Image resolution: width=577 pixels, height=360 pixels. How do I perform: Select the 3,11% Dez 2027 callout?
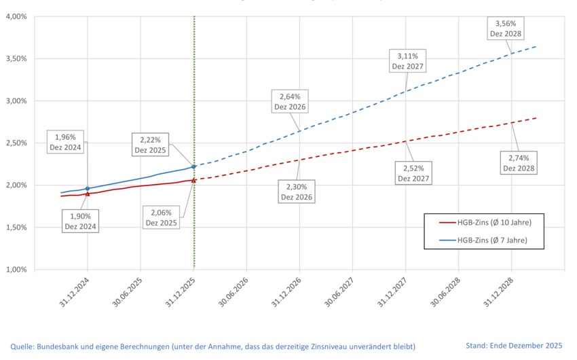[x=407, y=60]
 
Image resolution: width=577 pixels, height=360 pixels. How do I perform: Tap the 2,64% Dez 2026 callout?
[x=290, y=101]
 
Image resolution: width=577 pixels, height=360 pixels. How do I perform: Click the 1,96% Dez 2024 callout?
[x=67, y=142]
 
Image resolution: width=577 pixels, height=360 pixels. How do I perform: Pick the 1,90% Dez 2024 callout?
[x=80, y=221]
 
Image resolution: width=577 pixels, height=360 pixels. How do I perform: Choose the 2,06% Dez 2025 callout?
[x=161, y=217]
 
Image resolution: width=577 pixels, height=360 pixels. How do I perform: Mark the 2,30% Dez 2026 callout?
[x=297, y=192]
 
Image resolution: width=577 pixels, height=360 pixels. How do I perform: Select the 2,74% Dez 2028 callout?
[x=519, y=162]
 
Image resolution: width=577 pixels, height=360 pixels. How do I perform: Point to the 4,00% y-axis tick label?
[x=16, y=16]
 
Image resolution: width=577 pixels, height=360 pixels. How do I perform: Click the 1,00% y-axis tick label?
[x=16, y=270]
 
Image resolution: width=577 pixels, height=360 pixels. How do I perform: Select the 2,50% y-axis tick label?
[x=16, y=143]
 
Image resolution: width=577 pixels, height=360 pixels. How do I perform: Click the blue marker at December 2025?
[x=193, y=166]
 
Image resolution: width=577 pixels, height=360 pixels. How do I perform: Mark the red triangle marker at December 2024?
[x=88, y=194]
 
